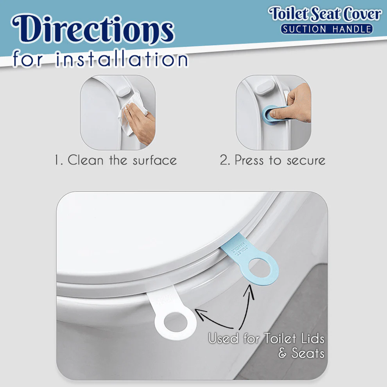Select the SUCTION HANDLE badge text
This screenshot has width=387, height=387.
tap(326, 29)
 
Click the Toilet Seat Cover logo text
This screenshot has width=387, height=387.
tap(325, 14)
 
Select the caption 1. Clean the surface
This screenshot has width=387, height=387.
tap(116, 160)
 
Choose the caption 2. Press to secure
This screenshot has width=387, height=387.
tap(272, 160)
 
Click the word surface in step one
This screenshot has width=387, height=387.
tap(155, 161)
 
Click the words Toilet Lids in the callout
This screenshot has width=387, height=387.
tap(293, 339)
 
